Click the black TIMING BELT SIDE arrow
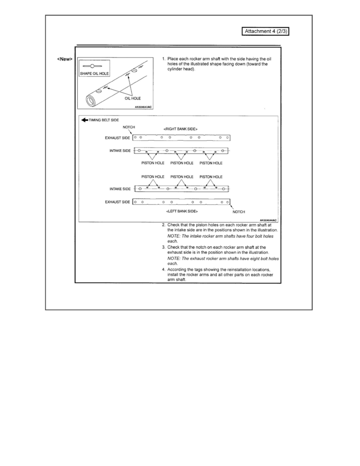coord(84,120)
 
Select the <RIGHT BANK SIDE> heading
coord(180,129)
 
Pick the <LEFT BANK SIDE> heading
coord(182,211)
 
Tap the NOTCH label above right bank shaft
coord(129,127)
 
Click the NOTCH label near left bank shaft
coord(239,212)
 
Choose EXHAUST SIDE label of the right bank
coord(117,138)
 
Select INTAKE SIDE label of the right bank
coord(120,151)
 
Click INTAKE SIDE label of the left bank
coord(120,189)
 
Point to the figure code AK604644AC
coord(268,220)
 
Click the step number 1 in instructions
coord(164,59)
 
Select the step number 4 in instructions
coord(164,269)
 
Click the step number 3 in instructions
coord(164,248)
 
